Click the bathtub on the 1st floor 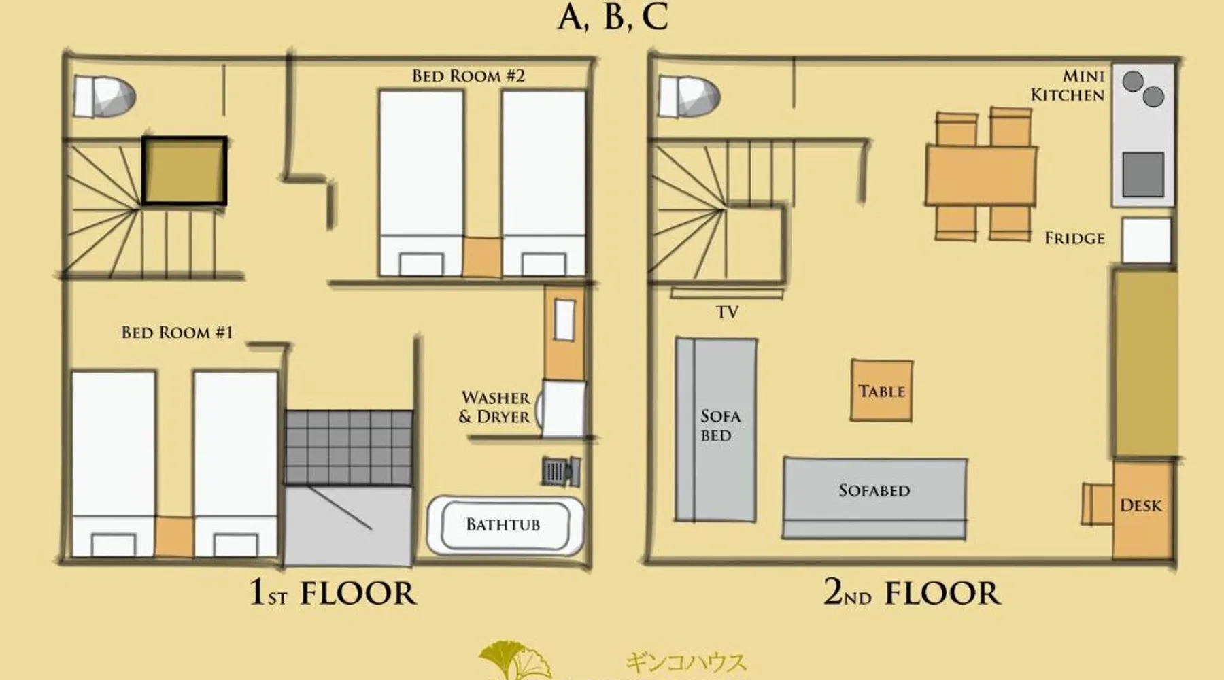tap(505, 525)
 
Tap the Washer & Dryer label tap(495, 407)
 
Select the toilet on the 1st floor tap(104, 97)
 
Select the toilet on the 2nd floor tap(689, 97)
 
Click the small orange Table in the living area tap(882, 390)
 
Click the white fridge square tap(1146, 240)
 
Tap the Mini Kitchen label tap(1068, 86)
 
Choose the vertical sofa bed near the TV tap(716, 430)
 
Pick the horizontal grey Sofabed tap(875, 498)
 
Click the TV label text tap(727, 312)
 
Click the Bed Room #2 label tap(469, 75)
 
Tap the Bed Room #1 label tap(177, 332)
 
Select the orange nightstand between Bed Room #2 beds tap(482, 256)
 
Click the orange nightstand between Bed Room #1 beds tap(174, 537)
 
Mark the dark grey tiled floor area tap(348, 447)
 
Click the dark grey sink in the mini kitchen tap(1142, 174)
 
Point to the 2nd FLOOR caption tap(912, 592)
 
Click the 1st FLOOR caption tap(333, 592)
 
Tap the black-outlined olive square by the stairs tap(184, 171)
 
